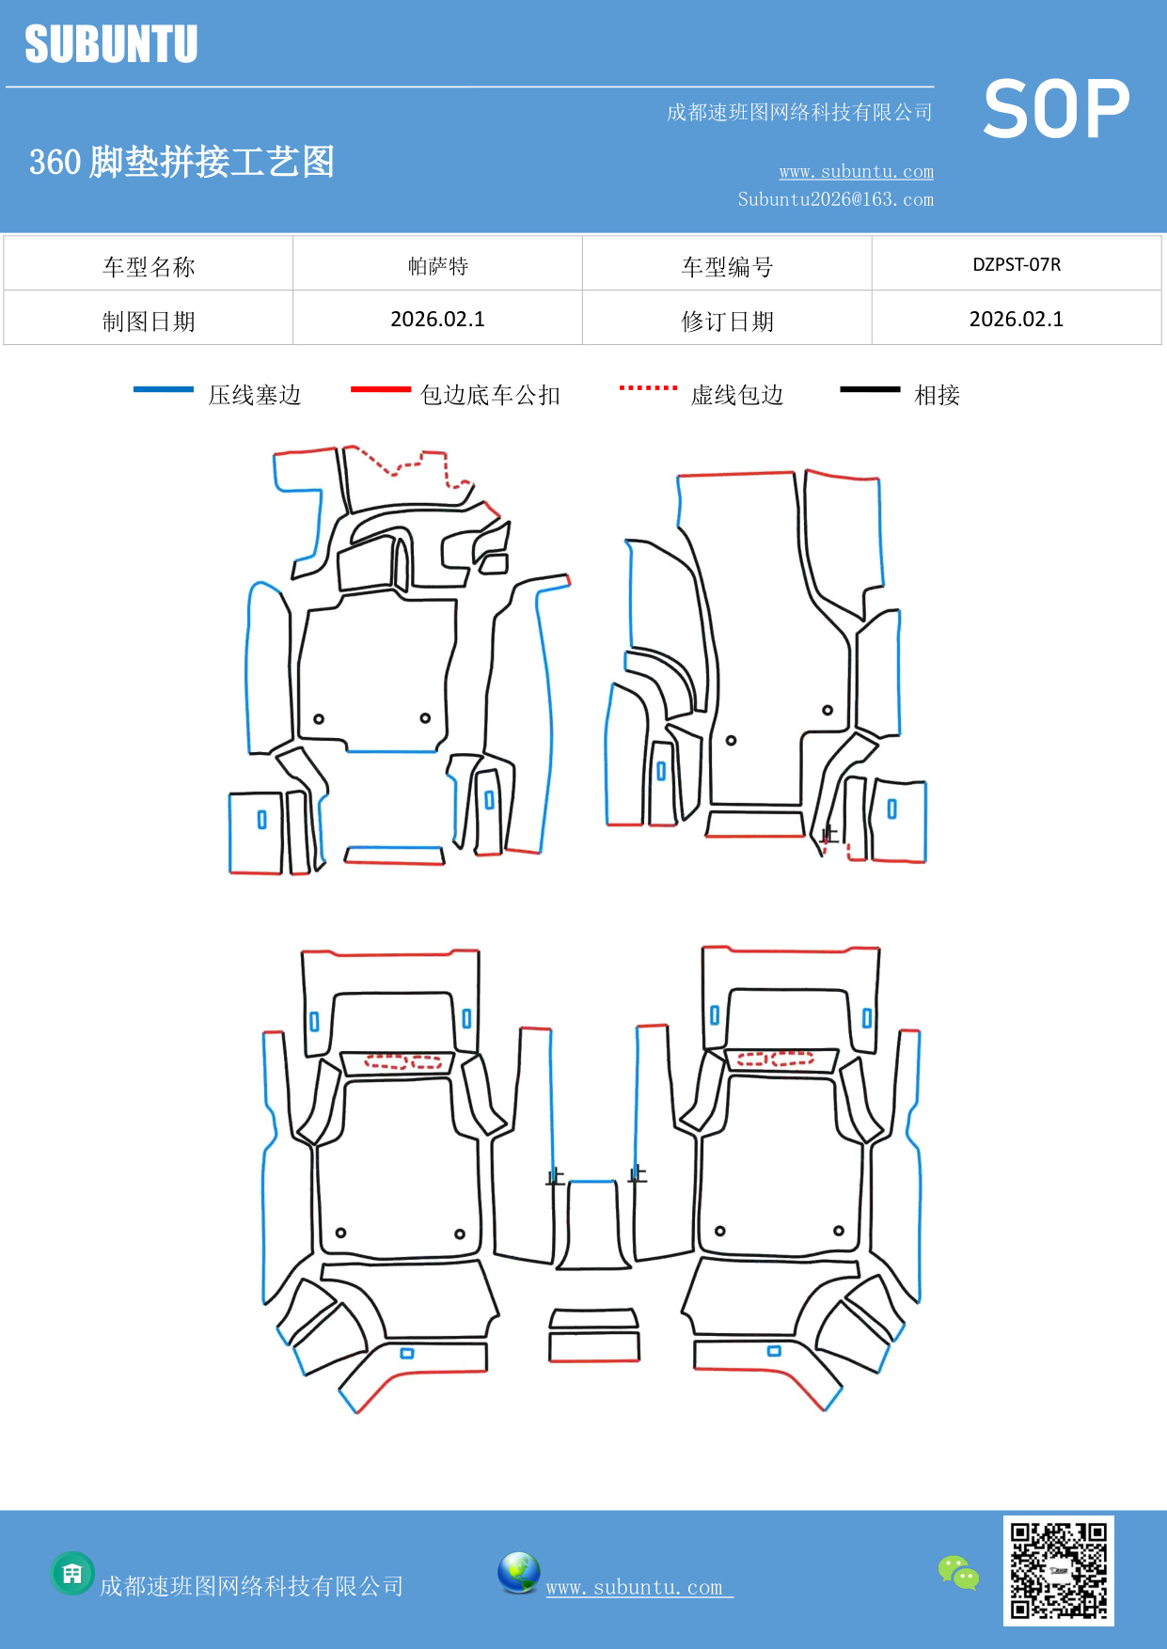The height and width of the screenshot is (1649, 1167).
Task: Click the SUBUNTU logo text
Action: pos(111,44)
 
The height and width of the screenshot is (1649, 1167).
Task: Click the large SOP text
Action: pos(1055,110)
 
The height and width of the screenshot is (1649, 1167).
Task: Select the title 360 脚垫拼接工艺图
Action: pos(181,162)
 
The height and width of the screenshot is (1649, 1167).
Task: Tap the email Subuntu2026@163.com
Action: pos(835,199)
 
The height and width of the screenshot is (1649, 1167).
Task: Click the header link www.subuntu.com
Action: pos(856,171)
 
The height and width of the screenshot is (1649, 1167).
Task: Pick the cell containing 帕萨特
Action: pos(437,265)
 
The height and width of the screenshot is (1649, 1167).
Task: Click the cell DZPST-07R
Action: pos(1016,264)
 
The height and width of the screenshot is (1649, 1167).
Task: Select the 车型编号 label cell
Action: pos(726,266)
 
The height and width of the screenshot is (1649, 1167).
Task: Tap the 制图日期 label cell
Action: pos(149,321)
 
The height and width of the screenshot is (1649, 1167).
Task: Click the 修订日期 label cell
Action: pos(726,321)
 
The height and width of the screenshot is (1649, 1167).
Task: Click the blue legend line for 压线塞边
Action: pos(164,389)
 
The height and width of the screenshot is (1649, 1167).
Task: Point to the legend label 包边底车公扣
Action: pos(489,395)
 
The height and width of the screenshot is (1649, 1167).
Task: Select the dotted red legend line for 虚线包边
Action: pos(648,387)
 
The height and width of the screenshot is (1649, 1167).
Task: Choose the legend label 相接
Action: pos(937,395)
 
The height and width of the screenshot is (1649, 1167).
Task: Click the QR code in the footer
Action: pos(1058,1570)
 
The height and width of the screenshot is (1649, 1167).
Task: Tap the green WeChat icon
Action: pos(958,1573)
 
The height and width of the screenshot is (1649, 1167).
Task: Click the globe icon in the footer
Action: pos(518,1573)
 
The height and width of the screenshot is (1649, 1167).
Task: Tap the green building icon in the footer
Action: pos(72,1573)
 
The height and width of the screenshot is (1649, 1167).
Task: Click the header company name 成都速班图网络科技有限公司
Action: pos(799,113)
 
